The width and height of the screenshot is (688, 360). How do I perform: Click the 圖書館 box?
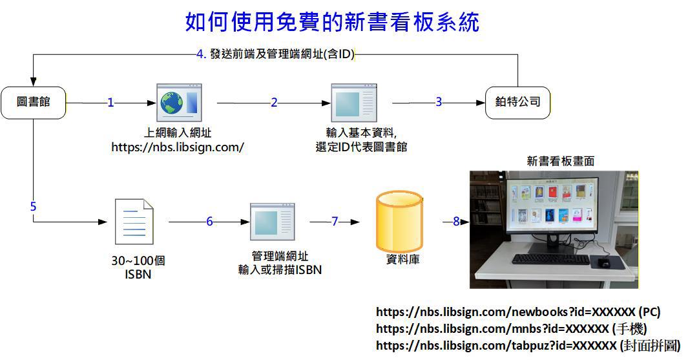[34, 102]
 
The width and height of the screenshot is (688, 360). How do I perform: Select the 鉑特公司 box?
[517, 102]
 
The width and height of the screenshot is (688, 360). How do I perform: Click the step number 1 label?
[110, 102]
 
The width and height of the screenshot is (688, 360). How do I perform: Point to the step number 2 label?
[274, 102]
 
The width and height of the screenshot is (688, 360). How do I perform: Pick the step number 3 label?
[439, 102]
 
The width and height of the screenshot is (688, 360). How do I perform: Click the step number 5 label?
[34, 207]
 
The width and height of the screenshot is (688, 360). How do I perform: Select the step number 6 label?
[209, 222]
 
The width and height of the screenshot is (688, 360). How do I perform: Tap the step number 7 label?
[335, 222]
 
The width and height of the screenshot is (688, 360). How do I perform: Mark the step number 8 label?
[455, 222]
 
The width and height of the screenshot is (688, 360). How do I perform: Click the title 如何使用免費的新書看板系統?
[332, 22]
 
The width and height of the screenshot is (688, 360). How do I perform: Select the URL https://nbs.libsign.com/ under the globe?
[178, 147]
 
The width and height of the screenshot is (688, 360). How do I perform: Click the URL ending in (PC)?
[518, 312]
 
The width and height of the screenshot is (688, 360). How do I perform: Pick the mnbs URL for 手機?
[511, 328]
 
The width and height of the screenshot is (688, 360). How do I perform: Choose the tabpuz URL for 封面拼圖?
[528, 346]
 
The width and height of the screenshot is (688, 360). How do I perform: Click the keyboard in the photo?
[550, 259]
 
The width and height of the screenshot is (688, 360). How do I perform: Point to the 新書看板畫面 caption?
[561, 162]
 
